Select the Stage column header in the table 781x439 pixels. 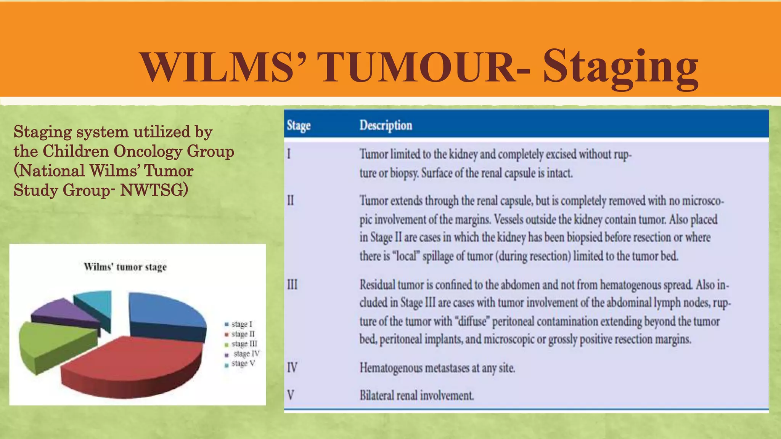(x=299, y=125)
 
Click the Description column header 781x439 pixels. (x=386, y=125)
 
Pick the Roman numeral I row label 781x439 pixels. (x=289, y=154)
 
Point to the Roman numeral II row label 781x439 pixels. (x=291, y=200)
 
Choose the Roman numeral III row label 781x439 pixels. (x=292, y=285)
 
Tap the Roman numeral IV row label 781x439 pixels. (x=292, y=368)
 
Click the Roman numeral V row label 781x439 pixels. (x=291, y=395)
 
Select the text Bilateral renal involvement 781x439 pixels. (x=416, y=395)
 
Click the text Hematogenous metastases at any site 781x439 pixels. (x=437, y=368)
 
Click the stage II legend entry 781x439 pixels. (x=243, y=334)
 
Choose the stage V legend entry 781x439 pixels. (x=243, y=364)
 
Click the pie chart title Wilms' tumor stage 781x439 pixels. (x=125, y=267)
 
